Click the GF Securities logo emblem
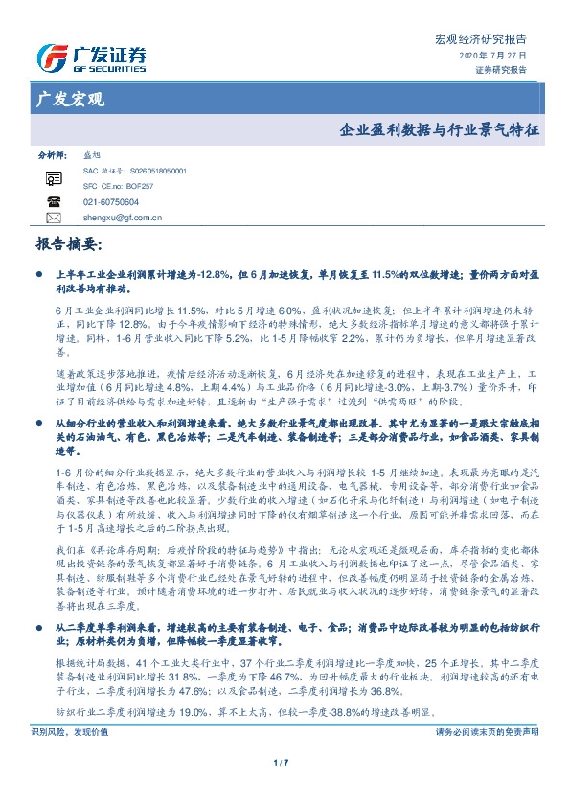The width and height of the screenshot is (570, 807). click(51, 58)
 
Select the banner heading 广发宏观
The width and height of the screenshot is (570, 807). click(70, 100)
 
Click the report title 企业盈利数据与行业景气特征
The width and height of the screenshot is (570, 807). click(439, 128)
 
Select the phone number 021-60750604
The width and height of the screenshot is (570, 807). click(110, 202)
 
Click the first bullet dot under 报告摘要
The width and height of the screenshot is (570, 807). click(38, 274)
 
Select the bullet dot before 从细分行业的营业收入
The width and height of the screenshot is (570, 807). click(38, 423)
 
